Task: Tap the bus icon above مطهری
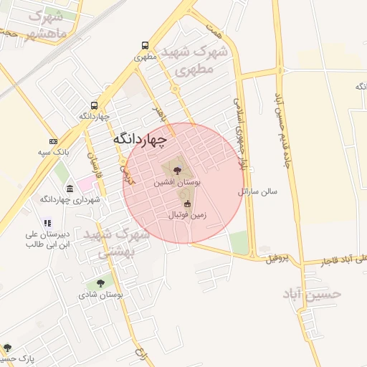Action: coord(146,44)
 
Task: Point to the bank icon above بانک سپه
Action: coord(53,142)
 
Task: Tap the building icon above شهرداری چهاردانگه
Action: coord(70,189)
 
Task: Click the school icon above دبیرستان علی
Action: coord(47,223)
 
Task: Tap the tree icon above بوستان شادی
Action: coord(100,284)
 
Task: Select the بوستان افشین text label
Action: coord(176,183)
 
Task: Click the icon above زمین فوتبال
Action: coord(188,204)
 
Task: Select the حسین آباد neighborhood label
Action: coord(312,294)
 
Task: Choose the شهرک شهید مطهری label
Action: coord(194,60)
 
